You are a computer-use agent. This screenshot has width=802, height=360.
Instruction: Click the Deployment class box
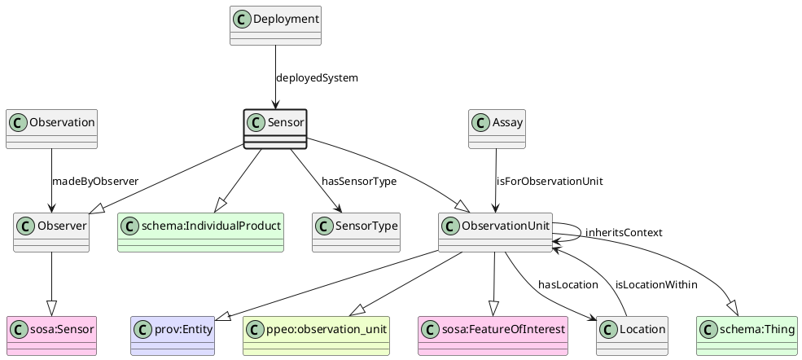click(x=275, y=25)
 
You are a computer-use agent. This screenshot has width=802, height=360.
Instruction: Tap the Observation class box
click(x=51, y=129)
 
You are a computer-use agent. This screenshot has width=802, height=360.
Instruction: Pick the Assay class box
click(x=497, y=129)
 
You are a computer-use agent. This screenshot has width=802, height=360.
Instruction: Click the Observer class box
click(x=51, y=232)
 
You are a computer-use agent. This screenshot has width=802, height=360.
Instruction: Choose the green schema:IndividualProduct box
click(x=200, y=232)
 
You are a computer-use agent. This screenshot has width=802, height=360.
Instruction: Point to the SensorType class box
click(x=356, y=232)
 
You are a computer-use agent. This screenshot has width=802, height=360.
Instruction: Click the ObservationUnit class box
click(x=495, y=232)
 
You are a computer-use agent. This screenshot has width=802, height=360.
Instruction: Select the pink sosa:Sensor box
click(x=51, y=336)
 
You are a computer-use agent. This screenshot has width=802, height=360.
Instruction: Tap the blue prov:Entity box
click(x=172, y=336)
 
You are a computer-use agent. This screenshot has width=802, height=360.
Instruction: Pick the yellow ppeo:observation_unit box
click(x=316, y=336)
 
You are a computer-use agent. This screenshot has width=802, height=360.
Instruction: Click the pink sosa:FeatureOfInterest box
click(x=493, y=336)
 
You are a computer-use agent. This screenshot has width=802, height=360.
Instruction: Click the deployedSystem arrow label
click(x=317, y=78)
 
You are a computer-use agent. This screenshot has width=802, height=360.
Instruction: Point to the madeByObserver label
click(x=94, y=181)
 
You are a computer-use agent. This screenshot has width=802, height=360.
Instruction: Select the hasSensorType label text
click(x=359, y=181)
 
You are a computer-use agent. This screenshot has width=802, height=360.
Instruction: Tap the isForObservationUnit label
click(x=550, y=181)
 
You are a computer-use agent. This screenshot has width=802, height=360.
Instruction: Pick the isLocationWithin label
click(x=656, y=284)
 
